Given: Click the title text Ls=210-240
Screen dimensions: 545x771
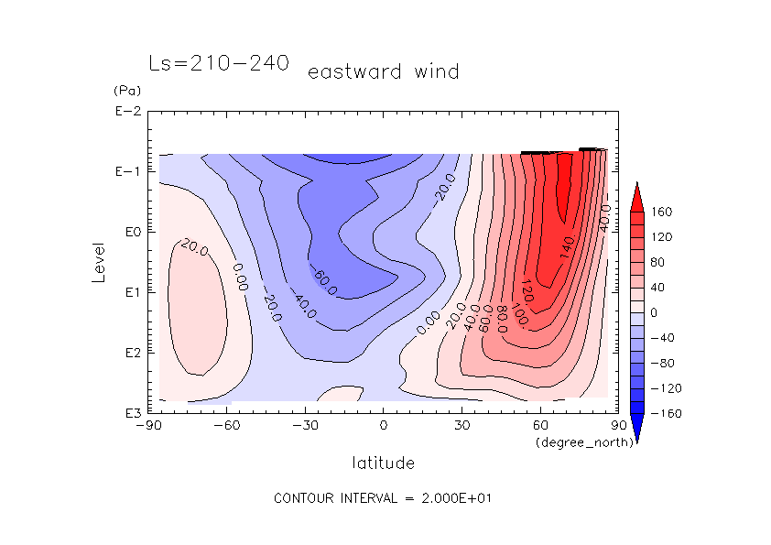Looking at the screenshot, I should [x=219, y=63].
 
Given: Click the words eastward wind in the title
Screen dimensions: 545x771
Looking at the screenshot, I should [x=383, y=71].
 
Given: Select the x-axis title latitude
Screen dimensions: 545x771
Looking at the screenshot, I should [x=383, y=463].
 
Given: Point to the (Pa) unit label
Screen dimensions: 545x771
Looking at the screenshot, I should [x=125, y=92].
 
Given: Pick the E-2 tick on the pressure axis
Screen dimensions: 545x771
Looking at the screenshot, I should [x=126, y=112].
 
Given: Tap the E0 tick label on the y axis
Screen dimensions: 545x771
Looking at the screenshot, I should [x=130, y=233].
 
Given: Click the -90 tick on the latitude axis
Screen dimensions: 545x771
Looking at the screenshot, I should [x=147, y=426].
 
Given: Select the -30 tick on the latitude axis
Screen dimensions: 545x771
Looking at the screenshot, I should [x=304, y=426].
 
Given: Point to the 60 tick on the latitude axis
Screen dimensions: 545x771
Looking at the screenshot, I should [x=540, y=426].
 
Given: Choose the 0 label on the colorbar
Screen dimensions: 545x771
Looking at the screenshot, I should [x=654, y=312].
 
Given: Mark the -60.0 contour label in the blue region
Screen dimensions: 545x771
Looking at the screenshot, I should [x=325, y=282].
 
